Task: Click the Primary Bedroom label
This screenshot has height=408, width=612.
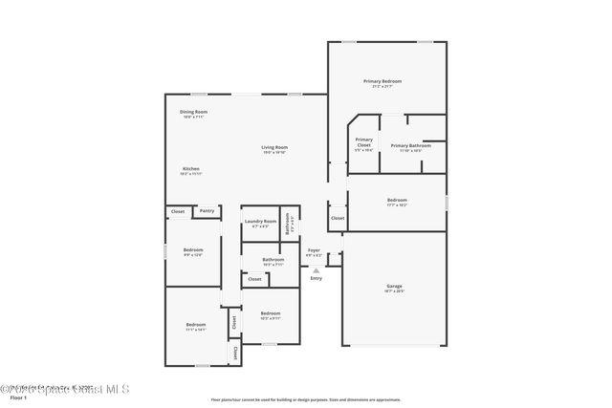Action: tap(382, 81)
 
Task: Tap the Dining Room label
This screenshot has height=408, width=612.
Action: tap(194, 112)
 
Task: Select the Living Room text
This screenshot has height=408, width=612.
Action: tap(274, 147)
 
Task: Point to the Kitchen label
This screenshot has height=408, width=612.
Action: tap(191, 168)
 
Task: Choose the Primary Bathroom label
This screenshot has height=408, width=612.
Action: tap(410, 145)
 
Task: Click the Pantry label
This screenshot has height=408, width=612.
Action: tap(207, 211)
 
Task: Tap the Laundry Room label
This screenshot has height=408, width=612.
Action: tap(259, 222)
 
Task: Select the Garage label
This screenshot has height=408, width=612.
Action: tap(394, 286)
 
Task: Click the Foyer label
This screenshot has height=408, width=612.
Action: tap(314, 250)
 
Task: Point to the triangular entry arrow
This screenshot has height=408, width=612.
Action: tap(316, 270)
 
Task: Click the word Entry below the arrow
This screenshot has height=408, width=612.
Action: tap(316, 278)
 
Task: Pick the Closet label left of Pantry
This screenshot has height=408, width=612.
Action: tap(178, 211)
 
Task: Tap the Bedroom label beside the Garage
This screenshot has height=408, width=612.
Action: tap(397, 200)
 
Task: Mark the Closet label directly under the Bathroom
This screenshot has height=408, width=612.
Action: tap(254, 279)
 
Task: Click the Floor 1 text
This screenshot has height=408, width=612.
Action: tap(17, 396)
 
